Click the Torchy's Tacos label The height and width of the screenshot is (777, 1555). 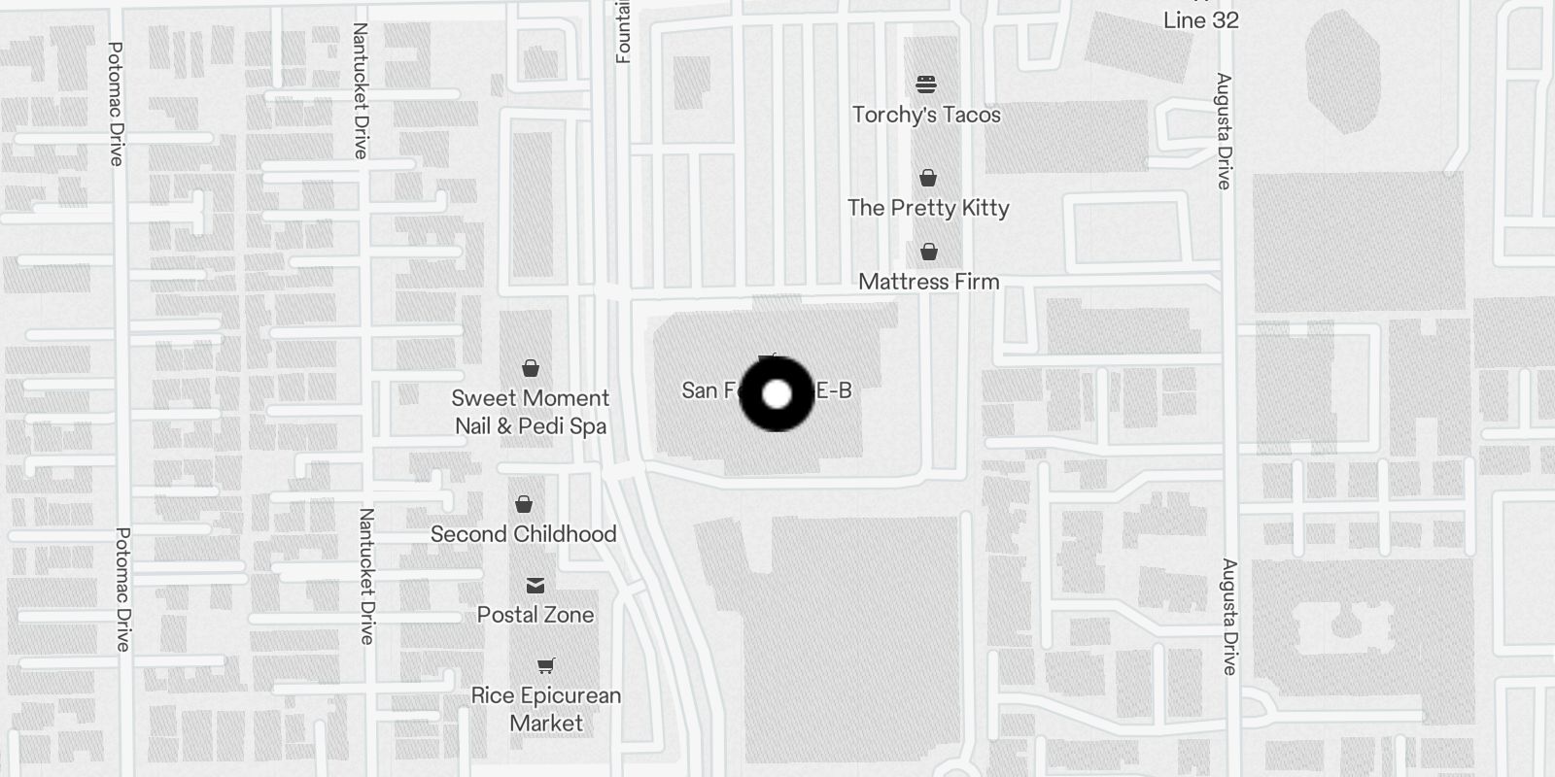coord(926,115)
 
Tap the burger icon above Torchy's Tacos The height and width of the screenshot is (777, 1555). coord(926,84)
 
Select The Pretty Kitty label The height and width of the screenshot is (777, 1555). coord(928,208)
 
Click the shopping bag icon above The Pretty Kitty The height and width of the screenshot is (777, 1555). coord(928,178)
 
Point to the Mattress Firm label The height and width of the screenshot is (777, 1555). coord(928,282)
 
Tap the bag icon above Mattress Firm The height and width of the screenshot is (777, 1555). coord(929,253)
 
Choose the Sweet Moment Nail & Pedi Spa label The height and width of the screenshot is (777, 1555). coord(531,412)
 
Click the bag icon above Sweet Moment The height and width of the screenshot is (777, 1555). coord(531,368)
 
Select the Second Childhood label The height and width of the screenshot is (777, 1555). coord(523,534)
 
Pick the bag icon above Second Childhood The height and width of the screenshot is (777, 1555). coord(524,504)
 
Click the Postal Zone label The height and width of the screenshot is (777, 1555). coord(536,615)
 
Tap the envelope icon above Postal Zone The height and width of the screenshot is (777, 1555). coord(536,585)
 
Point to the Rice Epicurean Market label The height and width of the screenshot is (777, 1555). coord(546,709)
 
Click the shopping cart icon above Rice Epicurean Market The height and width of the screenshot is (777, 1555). coord(546,666)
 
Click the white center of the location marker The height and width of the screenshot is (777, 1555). coord(777,394)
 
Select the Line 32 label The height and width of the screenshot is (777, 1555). coord(1201,20)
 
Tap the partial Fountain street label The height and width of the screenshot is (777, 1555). coord(623,31)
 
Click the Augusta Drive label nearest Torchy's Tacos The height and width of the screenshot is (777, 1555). coord(1224,131)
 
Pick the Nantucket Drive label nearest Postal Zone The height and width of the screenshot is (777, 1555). coord(366,576)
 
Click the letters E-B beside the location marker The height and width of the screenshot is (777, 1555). coord(833,390)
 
